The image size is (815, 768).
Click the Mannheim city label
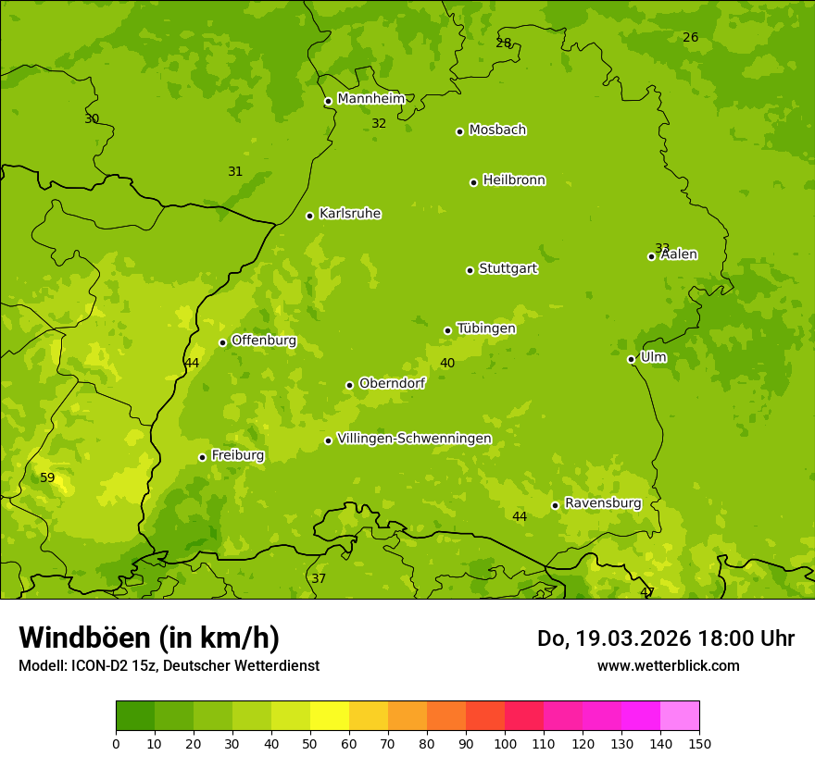[x=370, y=99]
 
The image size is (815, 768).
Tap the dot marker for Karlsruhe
[x=309, y=216]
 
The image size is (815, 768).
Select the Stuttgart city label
[x=508, y=269]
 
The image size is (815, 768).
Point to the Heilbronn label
[x=514, y=180]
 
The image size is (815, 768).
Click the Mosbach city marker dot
[x=459, y=131]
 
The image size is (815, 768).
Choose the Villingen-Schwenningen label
[x=414, y=439]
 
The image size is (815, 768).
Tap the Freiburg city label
[x=237, y=455]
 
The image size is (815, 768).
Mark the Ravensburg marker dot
[x=555, y=505]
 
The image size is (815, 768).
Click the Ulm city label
[x=653, y=357]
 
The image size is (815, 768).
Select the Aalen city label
[x=679, y=254]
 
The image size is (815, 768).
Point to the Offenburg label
[x=264, y=341]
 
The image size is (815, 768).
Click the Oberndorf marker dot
[x=349, y=385]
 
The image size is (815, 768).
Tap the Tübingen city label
[x=486, y=328]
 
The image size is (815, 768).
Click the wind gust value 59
[x=47, y=478]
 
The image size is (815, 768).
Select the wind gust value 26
[x=690, y=38]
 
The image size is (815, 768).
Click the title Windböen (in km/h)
[x=149, y=638]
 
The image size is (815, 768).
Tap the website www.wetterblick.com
[x=668, y=665]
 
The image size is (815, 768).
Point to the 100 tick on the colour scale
[x=505, y=743]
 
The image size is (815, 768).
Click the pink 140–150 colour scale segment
[x=680, y=716]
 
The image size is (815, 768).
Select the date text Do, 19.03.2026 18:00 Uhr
[x=665, y=638]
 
